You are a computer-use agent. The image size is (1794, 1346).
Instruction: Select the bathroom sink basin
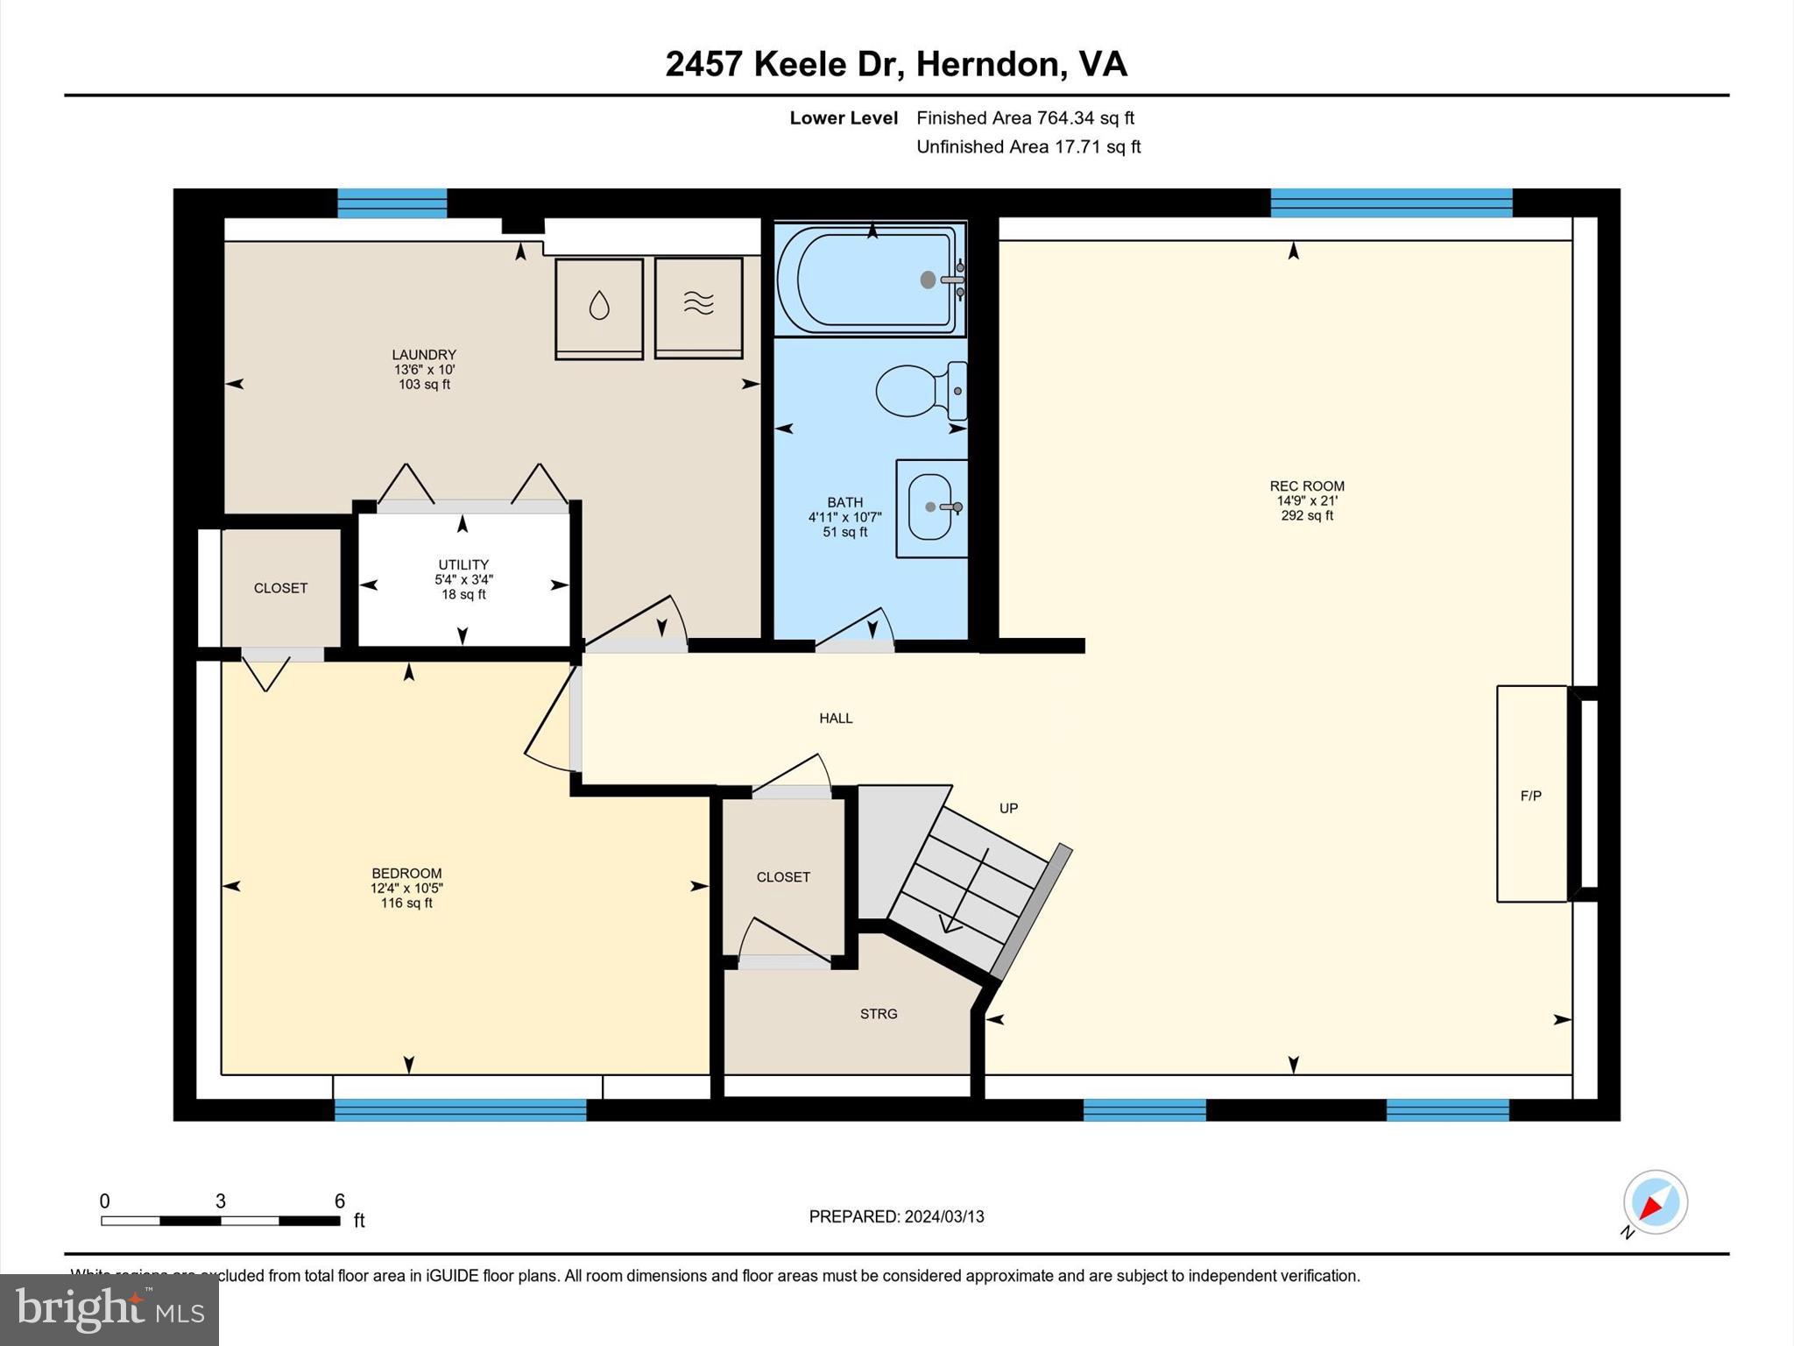click(930, 507)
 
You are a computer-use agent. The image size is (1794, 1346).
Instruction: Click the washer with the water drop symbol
click(599, 307)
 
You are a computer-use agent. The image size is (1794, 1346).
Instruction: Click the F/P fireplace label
click(1530, 796)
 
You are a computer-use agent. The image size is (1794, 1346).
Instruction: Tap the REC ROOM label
click(1306, 485)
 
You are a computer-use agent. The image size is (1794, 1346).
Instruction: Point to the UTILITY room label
click(463, 564)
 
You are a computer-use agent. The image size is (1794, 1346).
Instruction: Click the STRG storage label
click(878, 1014)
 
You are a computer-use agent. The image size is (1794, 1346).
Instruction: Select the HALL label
click(836, 719)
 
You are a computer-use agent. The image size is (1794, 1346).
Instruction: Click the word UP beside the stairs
click(1008, 808)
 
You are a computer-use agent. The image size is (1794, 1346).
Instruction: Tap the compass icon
click(1655, 1202)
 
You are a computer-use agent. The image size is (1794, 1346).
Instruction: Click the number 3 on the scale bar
click(221, 1201)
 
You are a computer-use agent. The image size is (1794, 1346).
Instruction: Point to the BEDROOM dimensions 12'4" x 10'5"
click(406, 889)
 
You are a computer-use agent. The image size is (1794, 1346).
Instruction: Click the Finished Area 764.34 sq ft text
click(1025, 117)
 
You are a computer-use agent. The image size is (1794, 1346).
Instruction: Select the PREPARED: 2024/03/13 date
click(896, 1216)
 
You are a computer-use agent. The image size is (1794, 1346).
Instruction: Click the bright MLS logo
click(109, 1309)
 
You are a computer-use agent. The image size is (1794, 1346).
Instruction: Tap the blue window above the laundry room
click(392, 203)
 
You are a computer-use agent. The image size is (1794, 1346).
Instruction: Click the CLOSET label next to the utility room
click(280, 588)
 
